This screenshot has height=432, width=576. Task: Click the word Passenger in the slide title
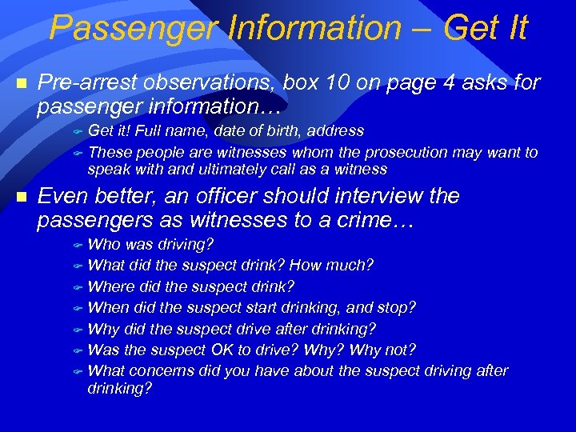tap(131, 28)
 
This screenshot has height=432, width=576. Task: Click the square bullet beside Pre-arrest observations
tap(22, 82)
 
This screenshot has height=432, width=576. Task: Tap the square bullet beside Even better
tap(22, 196)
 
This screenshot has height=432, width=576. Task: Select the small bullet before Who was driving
tap(78, 245)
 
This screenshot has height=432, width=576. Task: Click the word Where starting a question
tap(110, 286)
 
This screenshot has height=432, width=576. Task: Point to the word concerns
tap(157, 370)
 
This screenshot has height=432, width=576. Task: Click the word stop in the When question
tap(398, 307)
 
